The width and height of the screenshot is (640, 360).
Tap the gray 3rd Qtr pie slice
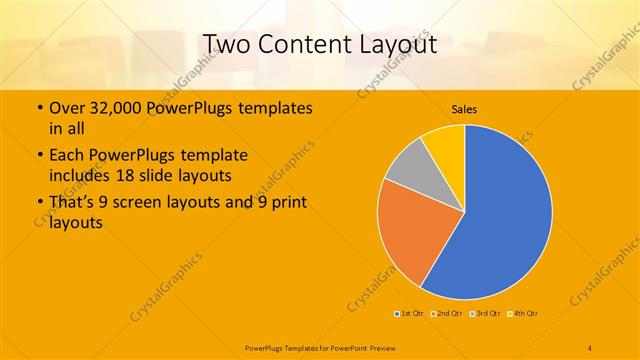point(410,165)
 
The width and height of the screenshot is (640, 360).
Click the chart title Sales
point(463,109)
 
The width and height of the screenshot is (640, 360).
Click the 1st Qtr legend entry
point(408,313)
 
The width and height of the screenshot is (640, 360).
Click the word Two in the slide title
point(228,44)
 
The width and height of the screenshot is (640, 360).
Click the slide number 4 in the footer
point(590,346)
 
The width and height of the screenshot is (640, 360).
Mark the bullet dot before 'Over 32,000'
point(39,108)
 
